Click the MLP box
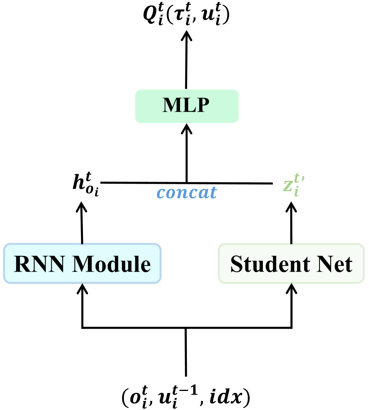[x=186, y=106]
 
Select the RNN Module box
[x=82, y=264]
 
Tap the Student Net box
[x=291, y=264]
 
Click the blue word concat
[x=186, y=193]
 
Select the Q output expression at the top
[x=186, y=18]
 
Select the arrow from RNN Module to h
[x=82, y=225]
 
